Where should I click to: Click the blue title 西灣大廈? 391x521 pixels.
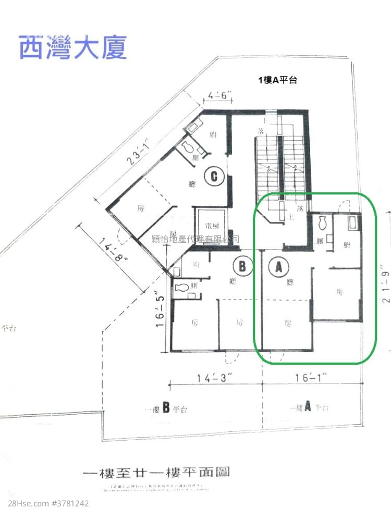pyautogui.click(x=73, y=47)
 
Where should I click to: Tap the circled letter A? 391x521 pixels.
pyautogui.click(x=278, y=267)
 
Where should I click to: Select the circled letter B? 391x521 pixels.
pyautogui.click(x=242, y=267)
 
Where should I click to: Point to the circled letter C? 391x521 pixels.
pyautogui.click(x=214, y=177)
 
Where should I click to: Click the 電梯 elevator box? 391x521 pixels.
pyautogui.click(x=209, y=227)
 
